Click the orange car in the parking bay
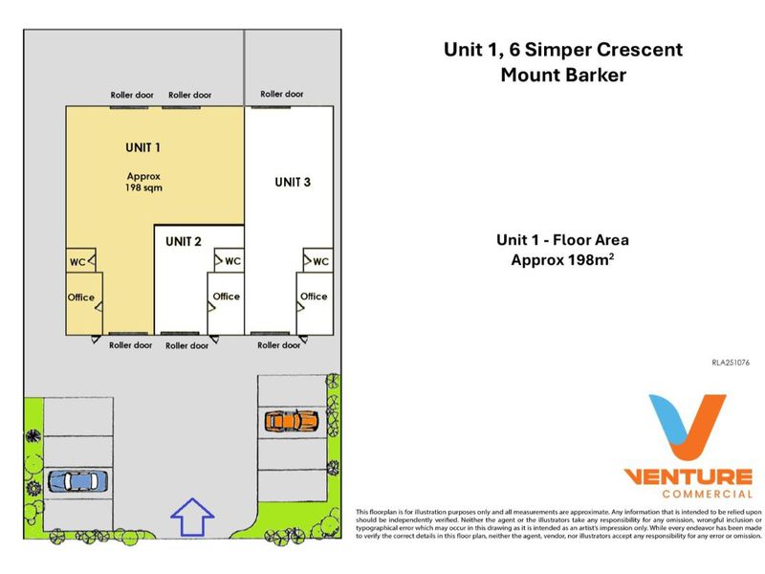coord(292,421)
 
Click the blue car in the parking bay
coord(77,481)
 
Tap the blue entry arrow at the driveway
coord(192,517)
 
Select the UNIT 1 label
coord(142,147)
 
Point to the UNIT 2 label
coord(184,242)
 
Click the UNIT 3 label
coord(293,182)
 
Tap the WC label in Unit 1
coord(77,262)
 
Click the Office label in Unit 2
coord(227,297)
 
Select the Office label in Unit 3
coord(314,297)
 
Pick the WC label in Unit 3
coord(320,261)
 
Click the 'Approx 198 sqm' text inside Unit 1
coord(144,182)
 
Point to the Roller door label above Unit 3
coord(282,94)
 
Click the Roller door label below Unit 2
coord(186,345)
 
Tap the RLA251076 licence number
coord(731,363)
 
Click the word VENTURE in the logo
coord(688,476)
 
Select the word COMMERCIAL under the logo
coord(708,494)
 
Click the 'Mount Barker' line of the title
coord(563,76)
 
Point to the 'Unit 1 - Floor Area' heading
coord(562,240)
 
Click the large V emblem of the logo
coord(687,427)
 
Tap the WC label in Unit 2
coord(232,261)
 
